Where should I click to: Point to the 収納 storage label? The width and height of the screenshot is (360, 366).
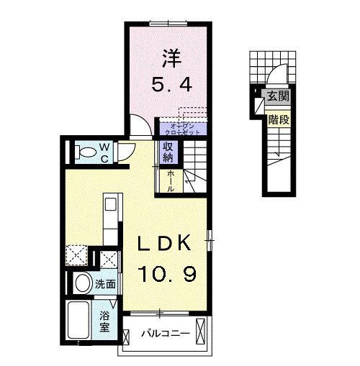tap(168, 152)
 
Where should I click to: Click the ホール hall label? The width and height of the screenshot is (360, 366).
tap(171, 180)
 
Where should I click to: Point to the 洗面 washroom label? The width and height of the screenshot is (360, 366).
tap(106, 284)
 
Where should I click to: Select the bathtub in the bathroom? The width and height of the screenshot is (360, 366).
tap(79, 321)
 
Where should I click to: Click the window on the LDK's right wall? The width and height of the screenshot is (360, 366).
tap(210, 239)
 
